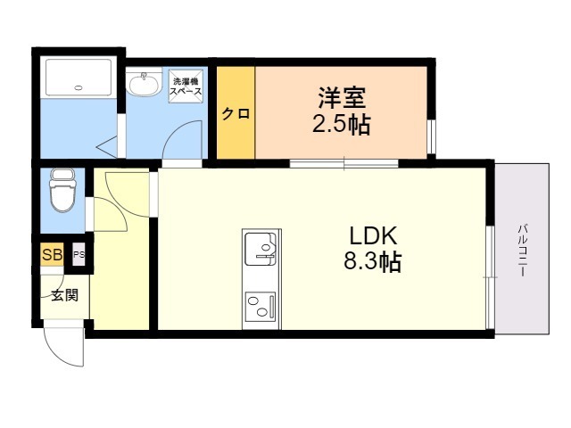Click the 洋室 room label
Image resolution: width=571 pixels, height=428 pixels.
coord(342,97)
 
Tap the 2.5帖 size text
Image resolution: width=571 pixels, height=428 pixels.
coord(342,125)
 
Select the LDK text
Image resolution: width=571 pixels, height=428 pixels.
coord(373,235)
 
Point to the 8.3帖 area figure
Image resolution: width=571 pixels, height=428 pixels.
coord(373,261)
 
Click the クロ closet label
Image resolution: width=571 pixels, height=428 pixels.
coord(236,114)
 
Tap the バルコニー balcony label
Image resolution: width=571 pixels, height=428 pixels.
coord(523,251)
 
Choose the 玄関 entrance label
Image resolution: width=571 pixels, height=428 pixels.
coord(65,295)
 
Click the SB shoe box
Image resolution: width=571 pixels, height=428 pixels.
coord(52,254)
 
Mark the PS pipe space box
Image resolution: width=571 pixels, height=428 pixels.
coord(79,254)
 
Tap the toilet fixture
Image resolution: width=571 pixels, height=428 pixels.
coord(63,190)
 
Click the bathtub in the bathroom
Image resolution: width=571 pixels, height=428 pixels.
coord(79,78)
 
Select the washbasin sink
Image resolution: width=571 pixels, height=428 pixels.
coord(145,83)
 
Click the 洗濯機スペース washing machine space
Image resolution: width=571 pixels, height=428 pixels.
coord(186,86)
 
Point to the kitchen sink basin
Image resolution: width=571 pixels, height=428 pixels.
coord(261,249)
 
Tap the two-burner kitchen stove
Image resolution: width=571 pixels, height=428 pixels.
coord(261,307)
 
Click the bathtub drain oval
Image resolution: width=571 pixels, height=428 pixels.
coord(79,87)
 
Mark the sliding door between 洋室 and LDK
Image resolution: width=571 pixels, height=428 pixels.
coord(344,163)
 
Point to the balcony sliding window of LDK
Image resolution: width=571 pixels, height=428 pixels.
coord(490,277)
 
